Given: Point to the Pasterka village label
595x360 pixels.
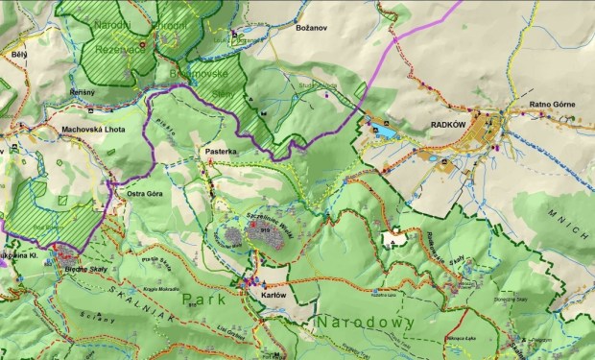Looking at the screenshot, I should coord(220,152).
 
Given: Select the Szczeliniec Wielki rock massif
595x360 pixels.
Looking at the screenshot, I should coord(259,231).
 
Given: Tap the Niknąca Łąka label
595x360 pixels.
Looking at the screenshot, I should coord(458,339).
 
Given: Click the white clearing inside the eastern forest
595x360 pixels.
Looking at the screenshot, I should coord(394,235).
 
